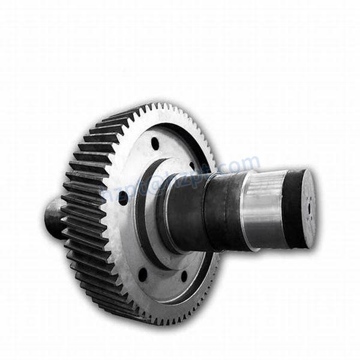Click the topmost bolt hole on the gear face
[x=155, y=144]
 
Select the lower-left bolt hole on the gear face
[x=143, y=274]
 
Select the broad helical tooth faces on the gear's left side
[x=84, y=204]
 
